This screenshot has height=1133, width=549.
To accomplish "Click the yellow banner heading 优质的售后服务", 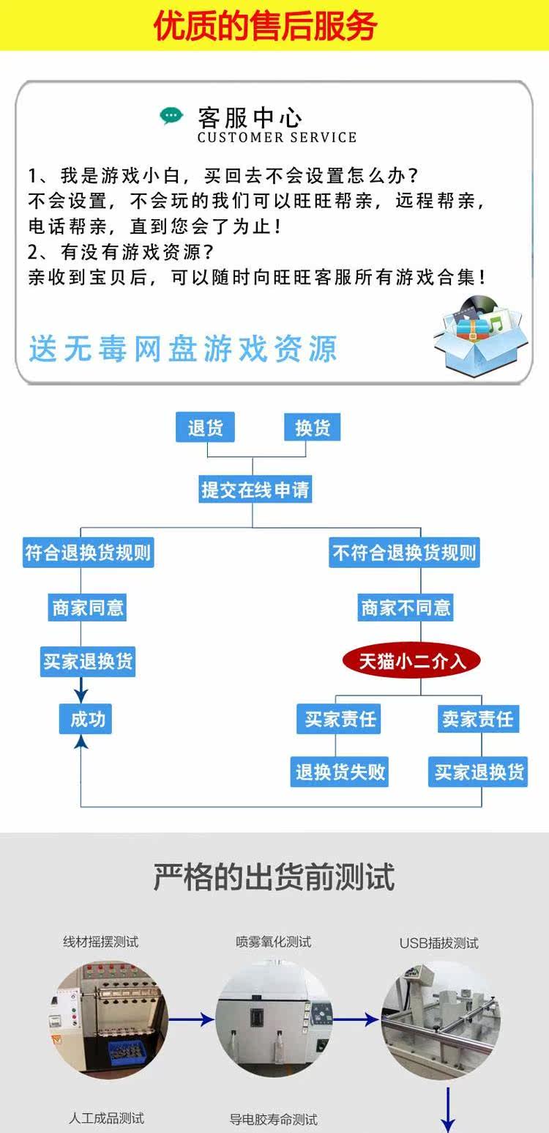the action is click(265, 26).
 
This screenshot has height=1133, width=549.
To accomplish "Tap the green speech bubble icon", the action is click(171, 116).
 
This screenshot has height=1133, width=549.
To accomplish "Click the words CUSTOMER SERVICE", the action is click(277, 137).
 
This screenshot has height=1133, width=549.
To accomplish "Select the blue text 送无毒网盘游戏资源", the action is click(183, 349).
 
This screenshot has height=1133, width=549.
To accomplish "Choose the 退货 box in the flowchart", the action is click(205, 427).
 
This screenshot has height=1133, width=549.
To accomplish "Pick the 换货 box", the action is click(313, 427).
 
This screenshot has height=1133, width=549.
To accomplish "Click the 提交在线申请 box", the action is click(255, 489).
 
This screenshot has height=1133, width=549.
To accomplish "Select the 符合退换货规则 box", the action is click(88, 552).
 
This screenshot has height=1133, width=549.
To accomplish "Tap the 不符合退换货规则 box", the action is click(404, 552).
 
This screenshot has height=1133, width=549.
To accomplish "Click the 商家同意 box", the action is click(88, 607).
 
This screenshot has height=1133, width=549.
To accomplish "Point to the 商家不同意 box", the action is click(406, 607).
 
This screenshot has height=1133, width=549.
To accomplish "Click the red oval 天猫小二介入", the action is click(411, 661).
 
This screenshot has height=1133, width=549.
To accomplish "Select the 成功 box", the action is click(88, 719).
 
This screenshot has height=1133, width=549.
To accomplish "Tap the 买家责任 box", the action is click(340, 719).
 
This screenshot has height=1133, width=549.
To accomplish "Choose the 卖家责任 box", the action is click(477, 719).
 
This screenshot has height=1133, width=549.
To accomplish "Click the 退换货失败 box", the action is click(340, 772).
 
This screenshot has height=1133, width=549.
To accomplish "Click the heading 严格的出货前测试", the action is click(274, 876).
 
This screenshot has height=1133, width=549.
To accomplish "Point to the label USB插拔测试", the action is click(438, 943).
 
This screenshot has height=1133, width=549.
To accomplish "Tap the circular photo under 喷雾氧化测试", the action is click(274, 1019).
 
